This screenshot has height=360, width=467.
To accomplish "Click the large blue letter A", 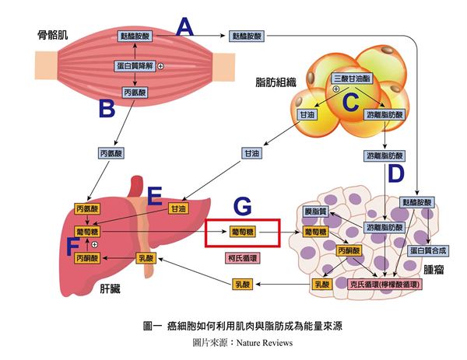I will click(x=184, y=28).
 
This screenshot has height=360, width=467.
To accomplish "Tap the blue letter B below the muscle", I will click(x=107, y=108).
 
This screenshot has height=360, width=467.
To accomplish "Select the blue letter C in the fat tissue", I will click(x=352, y=100).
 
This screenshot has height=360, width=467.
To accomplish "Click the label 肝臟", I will click(x=111, y=288).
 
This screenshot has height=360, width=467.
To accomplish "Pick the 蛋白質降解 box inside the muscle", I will click(x=135, y=66).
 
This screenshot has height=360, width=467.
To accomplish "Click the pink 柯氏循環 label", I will click(x=242, y=256).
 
